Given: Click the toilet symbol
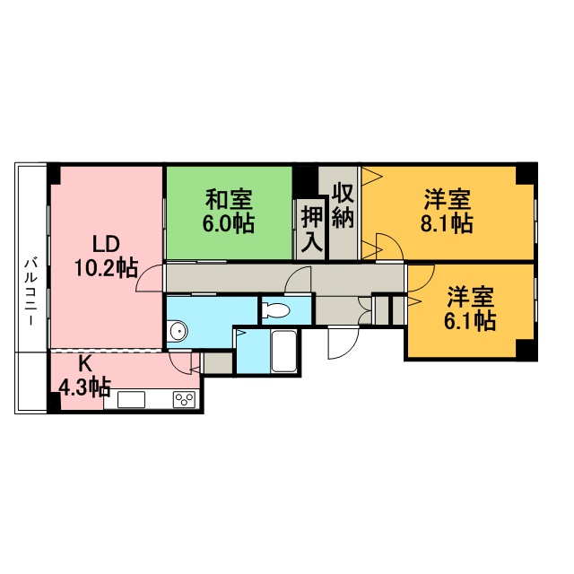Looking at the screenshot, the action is pyautogui.click(x=276, y=310).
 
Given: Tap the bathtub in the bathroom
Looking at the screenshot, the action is pyautogui.click(x=284, y=351).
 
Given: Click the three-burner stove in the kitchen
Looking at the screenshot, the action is pyautogui.click(x=184, y=398).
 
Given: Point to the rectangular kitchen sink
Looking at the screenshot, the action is pyautogui.click(x=131, y=399).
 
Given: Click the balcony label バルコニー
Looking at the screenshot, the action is pyautogui.click(x=30, y=291).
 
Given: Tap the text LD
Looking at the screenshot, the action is pyautogui.click(x=106, y=244).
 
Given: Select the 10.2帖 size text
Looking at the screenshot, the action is pyautogui.click(x=106, y=267).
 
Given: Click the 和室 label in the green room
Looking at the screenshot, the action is pyautogui.click(x=229, y=199).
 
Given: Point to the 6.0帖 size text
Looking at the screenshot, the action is pyautogui.click(x=229, y=223).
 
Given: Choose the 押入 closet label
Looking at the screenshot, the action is pyautogui.click(x=311, y=230).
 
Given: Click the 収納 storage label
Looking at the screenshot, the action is pyautogui.click(x=343, y=205).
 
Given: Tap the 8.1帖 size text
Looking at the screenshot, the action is pyautogui.click(x=447, y=223).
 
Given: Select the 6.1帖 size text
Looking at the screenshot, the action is pyautogui.click(x=470, y=321).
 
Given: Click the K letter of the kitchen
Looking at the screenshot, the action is pyautogui.click(x=85, y=363).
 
